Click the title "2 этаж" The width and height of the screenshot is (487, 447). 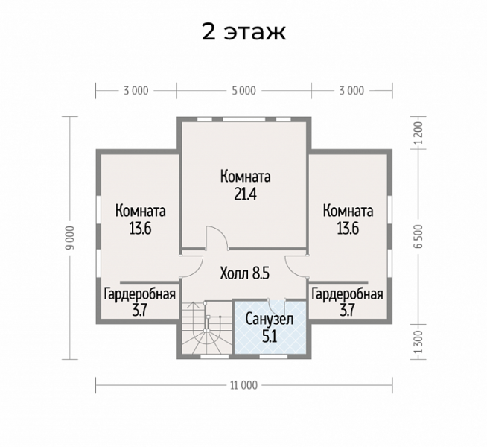244,31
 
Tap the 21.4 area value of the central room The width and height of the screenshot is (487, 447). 246,194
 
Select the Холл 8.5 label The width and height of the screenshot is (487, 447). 244,273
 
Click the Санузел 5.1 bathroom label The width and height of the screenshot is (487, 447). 270,327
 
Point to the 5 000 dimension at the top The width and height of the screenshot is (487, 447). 244,91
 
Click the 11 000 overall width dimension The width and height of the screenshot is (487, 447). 244,385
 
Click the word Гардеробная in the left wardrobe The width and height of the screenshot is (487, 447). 140,294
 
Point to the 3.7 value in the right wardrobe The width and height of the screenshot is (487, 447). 347,310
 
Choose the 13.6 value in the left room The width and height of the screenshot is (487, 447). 141,229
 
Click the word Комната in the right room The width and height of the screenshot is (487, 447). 348,211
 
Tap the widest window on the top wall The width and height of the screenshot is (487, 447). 244,119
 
